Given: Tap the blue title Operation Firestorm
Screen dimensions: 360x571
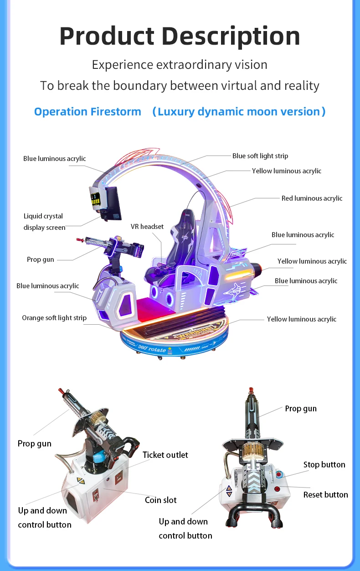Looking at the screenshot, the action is [x=87, y=112].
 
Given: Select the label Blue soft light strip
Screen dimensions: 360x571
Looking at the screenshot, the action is [x=260, y=156].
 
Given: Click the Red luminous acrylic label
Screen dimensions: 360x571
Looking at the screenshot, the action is [x=312, y=198].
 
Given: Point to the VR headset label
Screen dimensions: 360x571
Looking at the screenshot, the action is [x=147, y=227].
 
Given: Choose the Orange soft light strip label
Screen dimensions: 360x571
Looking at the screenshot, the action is [x=54, y=318].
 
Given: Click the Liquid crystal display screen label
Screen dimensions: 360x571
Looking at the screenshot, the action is [x=44, y=222].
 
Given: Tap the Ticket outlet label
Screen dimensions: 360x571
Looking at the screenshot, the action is [x=165, y=455].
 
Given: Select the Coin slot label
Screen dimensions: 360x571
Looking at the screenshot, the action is [x=160, y=500].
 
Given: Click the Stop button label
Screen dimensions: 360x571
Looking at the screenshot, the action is [x=324, y=465].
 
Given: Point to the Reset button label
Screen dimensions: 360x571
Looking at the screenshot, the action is [x=325, y=494].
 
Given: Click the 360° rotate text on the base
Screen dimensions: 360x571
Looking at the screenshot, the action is [x=152, y=348].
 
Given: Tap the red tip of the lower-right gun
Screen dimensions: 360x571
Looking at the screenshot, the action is [x=250, y=391].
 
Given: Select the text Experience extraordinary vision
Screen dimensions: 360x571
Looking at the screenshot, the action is [x=180, y=65].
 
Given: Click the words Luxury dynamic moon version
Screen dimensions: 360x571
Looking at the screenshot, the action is [x=239, y=112].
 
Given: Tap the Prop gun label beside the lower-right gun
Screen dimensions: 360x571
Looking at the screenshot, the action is [x=300, y=409].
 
